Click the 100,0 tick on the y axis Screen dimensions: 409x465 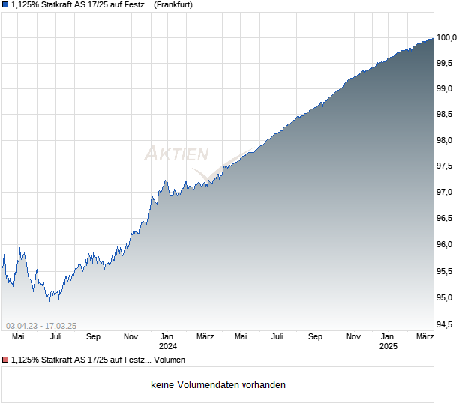[x=447, y=37]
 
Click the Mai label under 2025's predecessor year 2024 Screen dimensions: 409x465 [x=241, y=337]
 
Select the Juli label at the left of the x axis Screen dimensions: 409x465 [x=55, y=337]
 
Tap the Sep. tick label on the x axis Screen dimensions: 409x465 [x=316, y=337]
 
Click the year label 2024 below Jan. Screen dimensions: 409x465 [x=167, y=347]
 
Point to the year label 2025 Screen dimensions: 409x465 [x=388, y=347]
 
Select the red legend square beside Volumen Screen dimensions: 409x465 [x=6, y=359]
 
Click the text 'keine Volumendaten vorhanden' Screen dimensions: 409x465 [x=217, y=384]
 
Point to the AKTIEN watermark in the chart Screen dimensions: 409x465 [x=176, y=154]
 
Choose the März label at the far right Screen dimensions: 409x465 [x=425, y=337]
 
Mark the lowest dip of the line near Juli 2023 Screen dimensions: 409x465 [x=49, y=301]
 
